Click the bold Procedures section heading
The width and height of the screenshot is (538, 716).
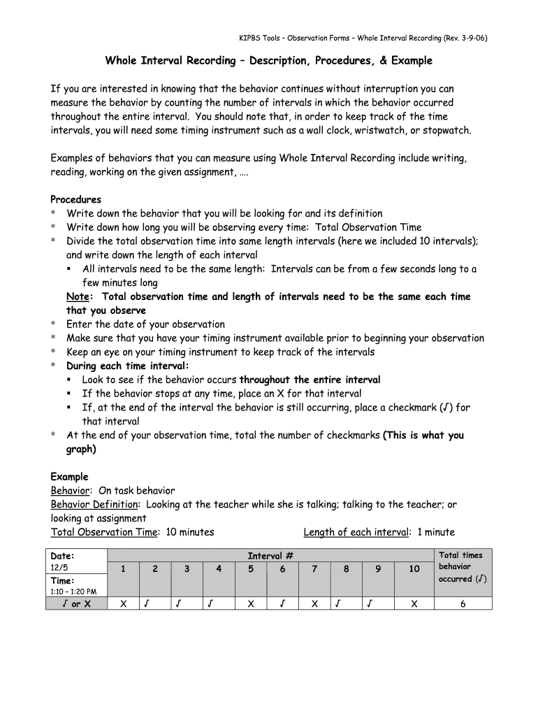[x=76, y=199]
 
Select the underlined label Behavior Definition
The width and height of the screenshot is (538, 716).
[x=94, y=504]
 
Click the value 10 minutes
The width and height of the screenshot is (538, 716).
[x=190, y=532]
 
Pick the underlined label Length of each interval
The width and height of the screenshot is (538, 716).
[x=356, y=532]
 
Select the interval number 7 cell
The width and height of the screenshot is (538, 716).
[x=314, y=569]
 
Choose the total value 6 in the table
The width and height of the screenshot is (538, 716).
[x=463, y=604]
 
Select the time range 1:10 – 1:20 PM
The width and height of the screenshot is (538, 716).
[x=73, y=592]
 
